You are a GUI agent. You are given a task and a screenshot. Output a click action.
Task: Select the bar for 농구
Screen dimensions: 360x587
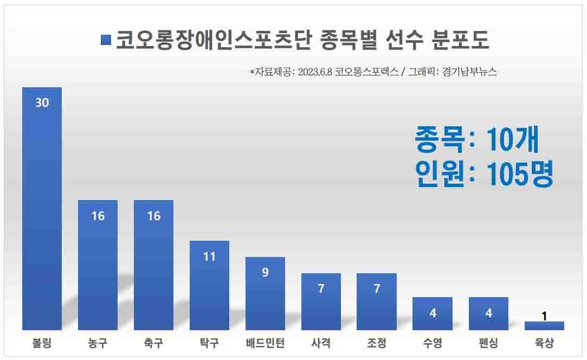tap(98, 265)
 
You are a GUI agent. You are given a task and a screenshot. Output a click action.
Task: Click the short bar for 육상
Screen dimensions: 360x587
tap(544, 326)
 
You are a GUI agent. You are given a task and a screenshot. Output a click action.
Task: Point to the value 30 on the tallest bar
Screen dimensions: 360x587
tap(42, 102)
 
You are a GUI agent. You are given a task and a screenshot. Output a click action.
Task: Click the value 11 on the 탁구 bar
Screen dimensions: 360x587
tap(209, 256)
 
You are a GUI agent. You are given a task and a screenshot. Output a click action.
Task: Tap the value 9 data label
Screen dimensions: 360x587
tap(265, 273)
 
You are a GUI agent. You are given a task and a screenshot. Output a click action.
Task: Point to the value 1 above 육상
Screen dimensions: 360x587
tap(544, 316)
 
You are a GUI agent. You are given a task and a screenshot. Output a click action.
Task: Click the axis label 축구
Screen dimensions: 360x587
tap(153, 343)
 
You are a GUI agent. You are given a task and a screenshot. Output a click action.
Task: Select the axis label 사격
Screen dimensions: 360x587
tap(321, 343)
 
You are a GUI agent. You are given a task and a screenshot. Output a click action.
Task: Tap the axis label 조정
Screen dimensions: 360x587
tap(377, 343)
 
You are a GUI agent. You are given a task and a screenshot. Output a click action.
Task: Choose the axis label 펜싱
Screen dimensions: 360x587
tap(488, 343)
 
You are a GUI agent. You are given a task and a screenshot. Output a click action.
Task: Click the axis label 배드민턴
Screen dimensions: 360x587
tap(265, 343)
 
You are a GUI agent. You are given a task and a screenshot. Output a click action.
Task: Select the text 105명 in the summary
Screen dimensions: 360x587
tap(520, 175)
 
